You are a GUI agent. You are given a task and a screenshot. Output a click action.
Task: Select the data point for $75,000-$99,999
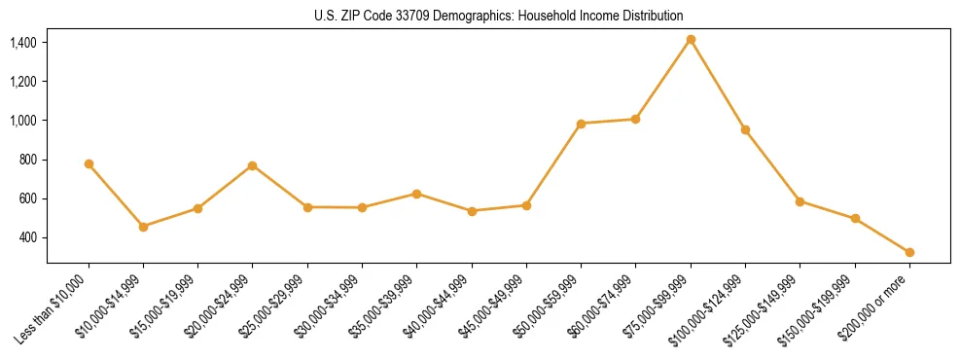(x=691, y=40)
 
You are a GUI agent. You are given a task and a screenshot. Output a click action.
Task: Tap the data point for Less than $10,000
(x=89, y=164)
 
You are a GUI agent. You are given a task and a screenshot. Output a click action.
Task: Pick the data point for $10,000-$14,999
(x=144, y=227)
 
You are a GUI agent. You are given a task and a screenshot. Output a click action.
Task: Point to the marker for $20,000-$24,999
(x=253, y=165)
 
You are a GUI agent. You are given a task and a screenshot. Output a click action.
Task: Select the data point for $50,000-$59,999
(x=581, y=124)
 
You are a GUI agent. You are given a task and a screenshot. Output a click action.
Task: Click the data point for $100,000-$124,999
(x=745, y=129)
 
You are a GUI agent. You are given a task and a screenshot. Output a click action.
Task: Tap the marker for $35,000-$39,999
(x=416, y=194)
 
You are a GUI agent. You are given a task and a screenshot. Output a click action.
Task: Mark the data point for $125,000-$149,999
(x=800, y=201)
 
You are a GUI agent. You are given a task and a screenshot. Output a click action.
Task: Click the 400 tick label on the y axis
(x=27, y=237)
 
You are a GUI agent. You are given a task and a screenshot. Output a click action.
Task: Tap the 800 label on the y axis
(x=27, y=160)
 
